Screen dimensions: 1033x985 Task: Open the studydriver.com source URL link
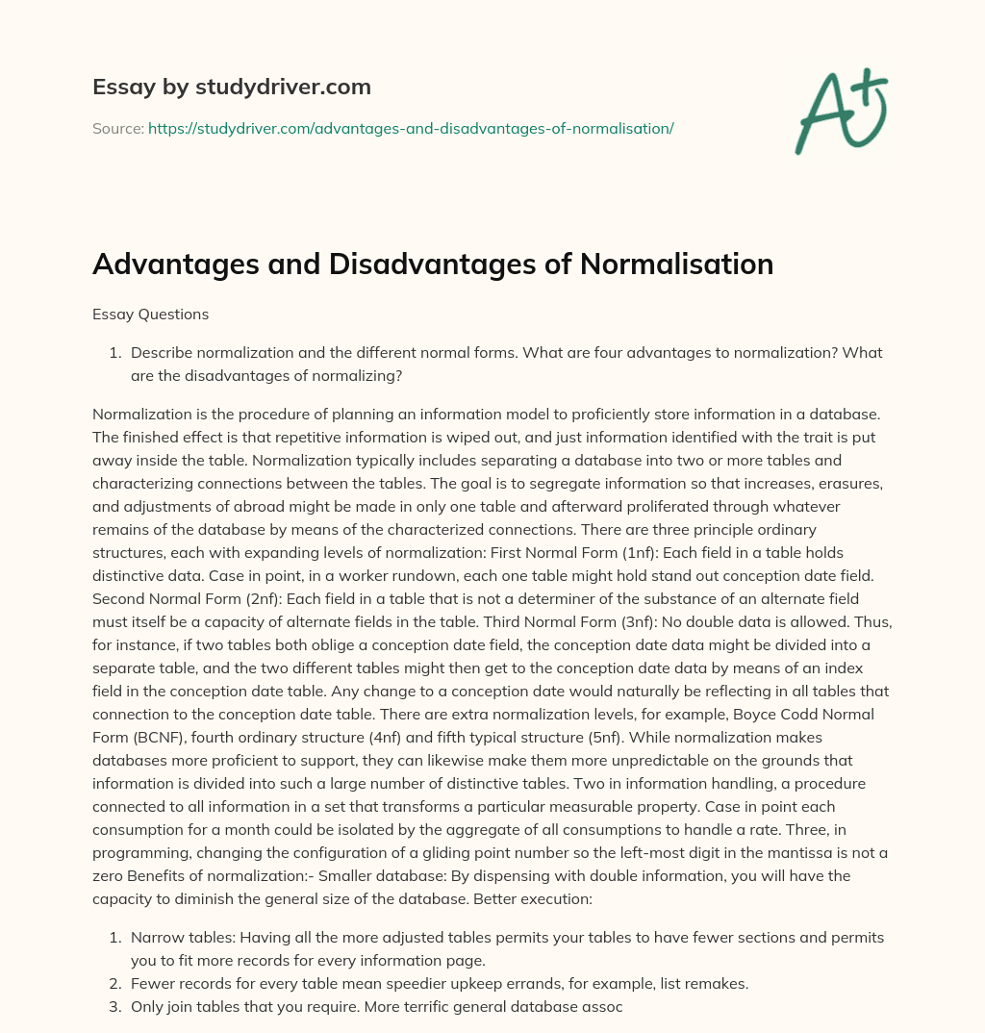coord(411,128)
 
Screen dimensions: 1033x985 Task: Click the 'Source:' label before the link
coord(118,128)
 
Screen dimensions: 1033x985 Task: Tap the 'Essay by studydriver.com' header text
coord(232,87)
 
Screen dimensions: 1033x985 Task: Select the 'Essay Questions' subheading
coord(150,314)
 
